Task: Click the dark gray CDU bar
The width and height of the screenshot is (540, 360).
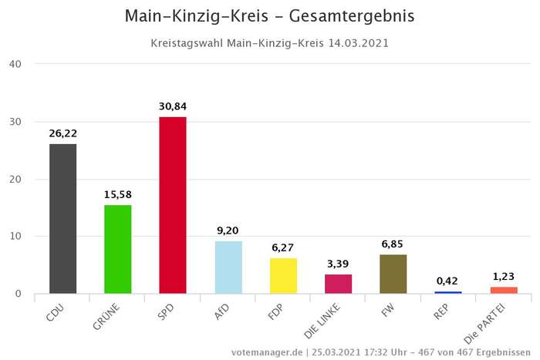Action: (x=63, y=219)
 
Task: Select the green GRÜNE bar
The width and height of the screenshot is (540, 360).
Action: (x=118, y=249)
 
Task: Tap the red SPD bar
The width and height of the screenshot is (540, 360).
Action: (x=173, y=205)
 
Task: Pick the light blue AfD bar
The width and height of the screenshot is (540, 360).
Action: (x=228, y=267)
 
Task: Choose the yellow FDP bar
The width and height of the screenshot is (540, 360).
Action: (x=283, y=276)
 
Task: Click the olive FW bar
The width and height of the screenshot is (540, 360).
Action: (x=393, y=274)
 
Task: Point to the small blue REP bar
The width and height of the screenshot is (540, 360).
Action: (x=448, y=292)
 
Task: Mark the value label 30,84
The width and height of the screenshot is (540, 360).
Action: (x=173, y=106)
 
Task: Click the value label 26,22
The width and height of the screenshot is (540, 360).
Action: (x=63, y=133)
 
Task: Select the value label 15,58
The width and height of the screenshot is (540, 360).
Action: (x=118, y=194)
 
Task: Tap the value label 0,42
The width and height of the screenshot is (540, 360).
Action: (x=448, y=281)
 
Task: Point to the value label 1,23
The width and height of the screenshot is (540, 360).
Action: (x=503, y=277)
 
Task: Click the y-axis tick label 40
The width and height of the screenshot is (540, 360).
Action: (x=15, y=64)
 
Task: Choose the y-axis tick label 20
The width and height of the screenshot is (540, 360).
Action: (x=15, y=179)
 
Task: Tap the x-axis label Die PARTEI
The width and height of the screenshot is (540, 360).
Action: (x=488, y=324)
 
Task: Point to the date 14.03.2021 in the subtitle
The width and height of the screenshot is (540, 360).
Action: (x=356, y=43)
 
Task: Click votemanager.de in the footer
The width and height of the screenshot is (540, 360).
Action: (x=266, y=352)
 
